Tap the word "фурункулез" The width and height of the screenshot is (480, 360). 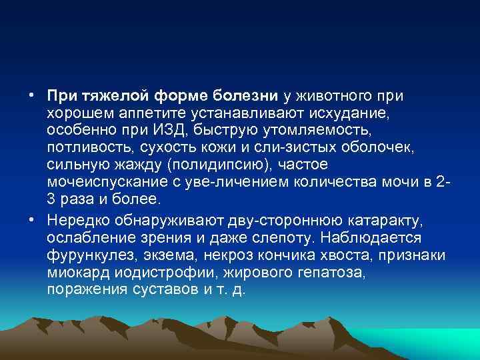pos(83,256)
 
